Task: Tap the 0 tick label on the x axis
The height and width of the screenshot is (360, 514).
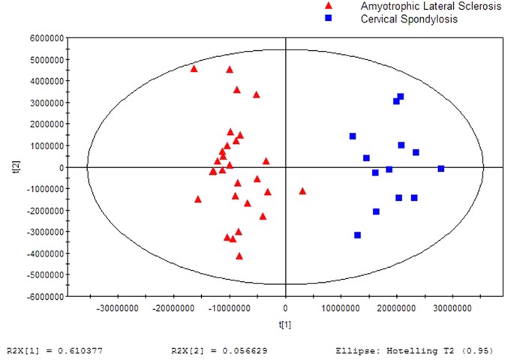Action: [285, 308]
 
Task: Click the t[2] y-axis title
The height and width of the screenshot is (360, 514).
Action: [10, 167]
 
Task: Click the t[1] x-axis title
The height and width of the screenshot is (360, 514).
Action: [285, 325]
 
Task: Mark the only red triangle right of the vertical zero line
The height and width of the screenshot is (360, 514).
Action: [302, 191]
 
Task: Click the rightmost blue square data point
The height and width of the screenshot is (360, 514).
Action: [441, 169]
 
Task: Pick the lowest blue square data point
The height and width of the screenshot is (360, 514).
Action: [357, 235]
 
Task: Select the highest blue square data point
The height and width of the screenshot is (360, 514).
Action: [401, 97]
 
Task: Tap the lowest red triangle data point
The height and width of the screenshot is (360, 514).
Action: [239, 256]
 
